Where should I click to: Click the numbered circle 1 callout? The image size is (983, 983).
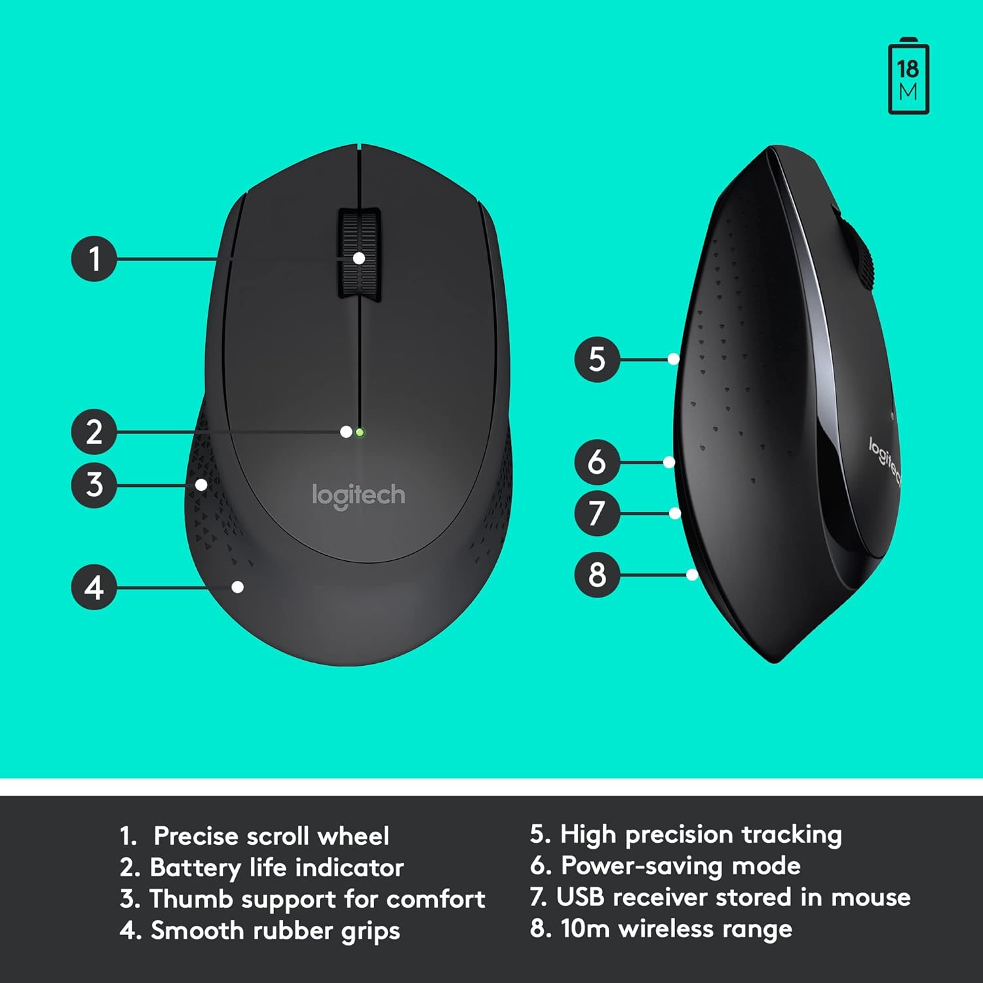click(94, 259)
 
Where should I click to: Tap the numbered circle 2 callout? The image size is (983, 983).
click(94, 432)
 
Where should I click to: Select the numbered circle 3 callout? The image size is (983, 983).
click(94, 485)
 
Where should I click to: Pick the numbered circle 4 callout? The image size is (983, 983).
click(94, 587)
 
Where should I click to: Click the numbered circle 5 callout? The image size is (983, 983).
click(597, 359)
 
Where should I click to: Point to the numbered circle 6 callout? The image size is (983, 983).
click(597, 462)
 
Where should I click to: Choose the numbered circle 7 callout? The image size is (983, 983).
click(597, 513)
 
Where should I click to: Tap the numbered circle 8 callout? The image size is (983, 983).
click(597, 575)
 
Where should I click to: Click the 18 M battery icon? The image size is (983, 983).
click(908, 77)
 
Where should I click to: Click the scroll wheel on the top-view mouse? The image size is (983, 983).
click(360, 255)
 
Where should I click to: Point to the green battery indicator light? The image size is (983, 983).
click(360, 433)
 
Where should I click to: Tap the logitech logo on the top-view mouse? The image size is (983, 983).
click(358, 496)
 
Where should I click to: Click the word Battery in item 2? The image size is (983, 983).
click(195, 868)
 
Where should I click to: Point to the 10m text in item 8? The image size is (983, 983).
click(585, 929)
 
